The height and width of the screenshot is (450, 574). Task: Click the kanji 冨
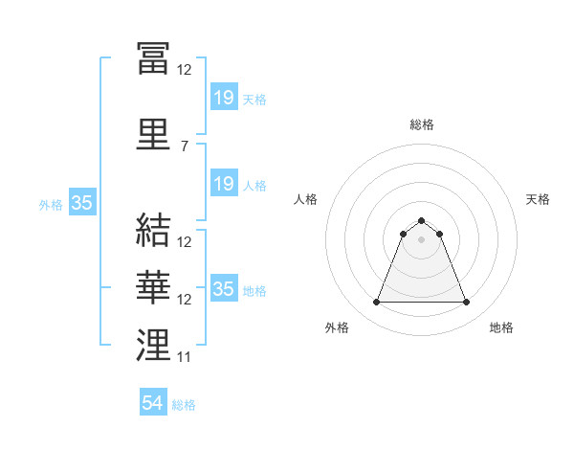pyautogui.click(x=153, y=57)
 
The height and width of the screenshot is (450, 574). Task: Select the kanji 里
pyautogui.click(x=153, y=134)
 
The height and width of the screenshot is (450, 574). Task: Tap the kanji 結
pyautogui.click(x=153, y=230)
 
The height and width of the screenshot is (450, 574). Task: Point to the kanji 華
pyautogui.click(x=153, y=287)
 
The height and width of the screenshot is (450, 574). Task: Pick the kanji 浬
pyautogui.click(x=153, y=345)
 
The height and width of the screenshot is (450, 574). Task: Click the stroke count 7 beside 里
pyautogui.click(x=185, y=146)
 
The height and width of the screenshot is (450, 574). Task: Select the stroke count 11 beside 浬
pyautogui.click(x=184, y=357)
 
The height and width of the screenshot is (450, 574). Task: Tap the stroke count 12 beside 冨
pyautogui.click(x=184, y=70)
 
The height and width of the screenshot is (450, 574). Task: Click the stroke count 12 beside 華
pyautogui.click(x=184, y=300)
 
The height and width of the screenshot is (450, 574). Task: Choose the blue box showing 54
pyautogui.click(x=153, y=401)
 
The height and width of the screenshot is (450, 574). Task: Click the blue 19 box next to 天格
pyautogui.click(x=225, y=97)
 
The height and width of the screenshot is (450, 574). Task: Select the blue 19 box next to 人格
pyautogui.click(x=225, y=183)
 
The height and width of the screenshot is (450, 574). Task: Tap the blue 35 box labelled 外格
pyautogui.click(x=82, y=202)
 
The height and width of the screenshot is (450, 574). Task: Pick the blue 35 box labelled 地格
pyautogui.click(x=225, y=287)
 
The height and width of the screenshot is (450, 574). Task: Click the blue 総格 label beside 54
pyautogui.click(x=184, y=405)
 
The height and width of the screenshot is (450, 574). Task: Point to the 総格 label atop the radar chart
pyautogui.click(x=422, y=124)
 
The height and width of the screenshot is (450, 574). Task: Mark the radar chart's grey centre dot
pyautogui.click(x=421, y=239)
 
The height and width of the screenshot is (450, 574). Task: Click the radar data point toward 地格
pyautogui.click(x=467, y=302)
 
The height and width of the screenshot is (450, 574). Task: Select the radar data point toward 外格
pyautogui.click(x=376, y=302)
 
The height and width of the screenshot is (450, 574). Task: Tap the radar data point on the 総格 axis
pyautogui.click(x=421, y=220)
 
